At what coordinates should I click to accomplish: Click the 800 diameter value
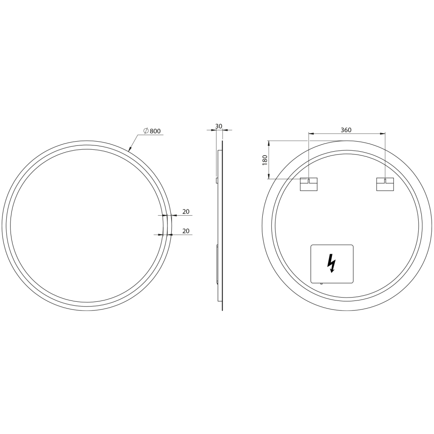point(155,131)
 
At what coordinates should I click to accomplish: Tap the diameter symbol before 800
point(146,131)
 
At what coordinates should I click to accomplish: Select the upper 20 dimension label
point(186,211)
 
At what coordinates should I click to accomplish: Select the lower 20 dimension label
point(186,231)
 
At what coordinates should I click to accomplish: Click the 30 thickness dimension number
point(219,126)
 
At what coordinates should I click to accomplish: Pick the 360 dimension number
point(346,130)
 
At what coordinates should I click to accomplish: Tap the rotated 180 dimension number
point(265,160)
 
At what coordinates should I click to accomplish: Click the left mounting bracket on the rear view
point(309,184)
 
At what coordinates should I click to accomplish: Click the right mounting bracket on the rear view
point(385,184)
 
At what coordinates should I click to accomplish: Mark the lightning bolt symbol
point(331,263)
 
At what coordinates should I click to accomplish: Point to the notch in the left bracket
point(309,181)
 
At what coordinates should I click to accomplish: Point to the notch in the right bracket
point(385,181)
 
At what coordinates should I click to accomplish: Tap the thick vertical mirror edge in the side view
point(222,225)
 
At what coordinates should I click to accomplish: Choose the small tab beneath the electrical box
point(321,284)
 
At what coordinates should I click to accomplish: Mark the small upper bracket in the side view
point(217,180)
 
